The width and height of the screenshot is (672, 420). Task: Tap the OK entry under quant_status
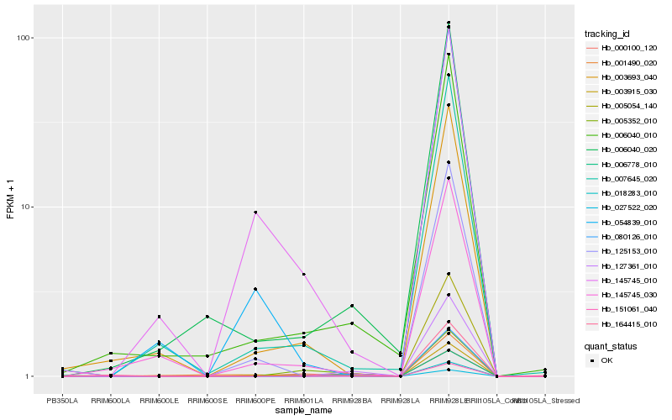tap(602, 360)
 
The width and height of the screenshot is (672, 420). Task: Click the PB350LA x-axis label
tap(62, 401)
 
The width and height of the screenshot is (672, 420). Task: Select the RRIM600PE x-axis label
tap(255, 401)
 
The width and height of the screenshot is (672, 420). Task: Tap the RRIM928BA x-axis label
tap(352, 401)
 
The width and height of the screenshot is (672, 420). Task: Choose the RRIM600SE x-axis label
tap(207, 401)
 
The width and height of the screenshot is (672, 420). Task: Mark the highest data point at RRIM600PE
tap(255, 213)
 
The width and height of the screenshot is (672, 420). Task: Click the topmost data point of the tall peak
tap(449, 23)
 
